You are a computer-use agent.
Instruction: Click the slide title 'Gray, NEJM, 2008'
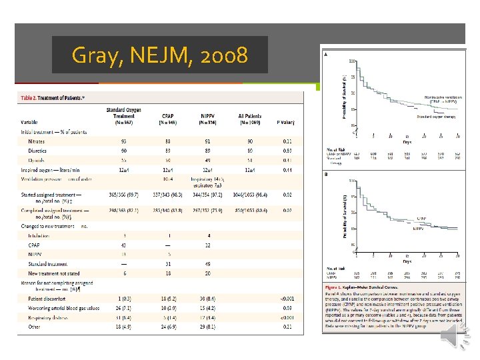159,55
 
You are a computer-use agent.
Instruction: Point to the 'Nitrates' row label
37,141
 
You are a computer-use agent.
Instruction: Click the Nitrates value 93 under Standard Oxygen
124,141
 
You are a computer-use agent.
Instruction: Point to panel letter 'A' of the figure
325,55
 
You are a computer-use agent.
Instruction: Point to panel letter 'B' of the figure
325,175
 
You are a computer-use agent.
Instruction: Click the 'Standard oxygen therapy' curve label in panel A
437,117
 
